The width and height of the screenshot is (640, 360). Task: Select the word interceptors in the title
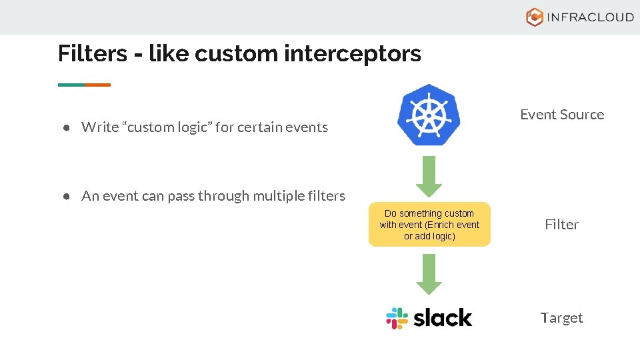(x=353, y=53)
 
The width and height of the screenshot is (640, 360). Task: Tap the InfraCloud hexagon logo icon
(x=535, y=17)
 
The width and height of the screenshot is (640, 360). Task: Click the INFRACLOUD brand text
(x=590, y=17)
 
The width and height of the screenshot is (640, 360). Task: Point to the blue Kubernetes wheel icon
(x=429, y=115)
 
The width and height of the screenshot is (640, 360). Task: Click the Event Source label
(x=562, y=115)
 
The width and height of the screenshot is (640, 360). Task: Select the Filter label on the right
(x=561, y=225)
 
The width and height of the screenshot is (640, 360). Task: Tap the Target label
(x=561, y=318)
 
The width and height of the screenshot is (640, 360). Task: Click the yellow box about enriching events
(x=429, y=225)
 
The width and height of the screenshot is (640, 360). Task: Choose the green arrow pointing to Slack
(x=429, y=274)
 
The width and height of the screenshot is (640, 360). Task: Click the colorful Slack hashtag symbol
(x=397, y=318)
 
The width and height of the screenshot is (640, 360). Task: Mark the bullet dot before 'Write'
(x=67, y=127)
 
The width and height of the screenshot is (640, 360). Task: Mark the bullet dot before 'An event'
(x=67, y=196)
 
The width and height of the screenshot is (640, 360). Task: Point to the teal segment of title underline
(x=71, y=85)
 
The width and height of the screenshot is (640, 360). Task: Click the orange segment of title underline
(x=97, y=85)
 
